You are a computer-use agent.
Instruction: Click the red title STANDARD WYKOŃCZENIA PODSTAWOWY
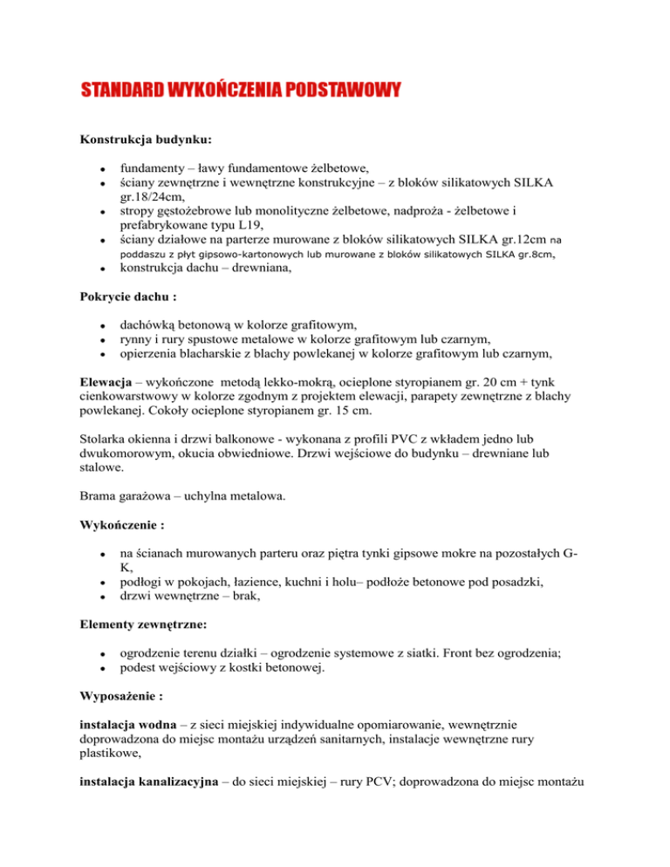[x=241, y=89]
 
